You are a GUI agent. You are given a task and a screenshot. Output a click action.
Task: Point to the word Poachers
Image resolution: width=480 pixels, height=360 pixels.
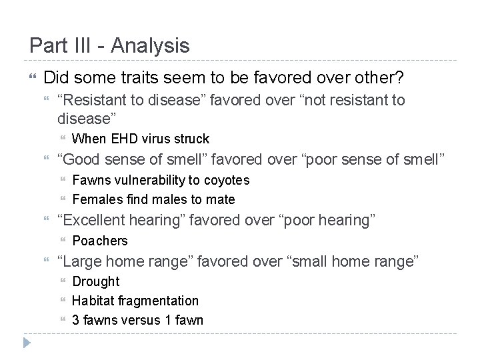[99, 241]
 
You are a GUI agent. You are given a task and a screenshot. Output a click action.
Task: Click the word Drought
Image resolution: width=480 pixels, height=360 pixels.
[95, 281]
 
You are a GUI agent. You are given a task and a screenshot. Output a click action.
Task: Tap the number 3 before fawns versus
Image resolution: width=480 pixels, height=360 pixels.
[76, 320]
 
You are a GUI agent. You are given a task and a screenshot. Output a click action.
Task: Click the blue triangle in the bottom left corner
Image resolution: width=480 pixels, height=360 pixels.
[26, 343]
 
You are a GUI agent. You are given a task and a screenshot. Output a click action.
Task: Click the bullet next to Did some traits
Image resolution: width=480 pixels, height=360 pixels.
[33, 78]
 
